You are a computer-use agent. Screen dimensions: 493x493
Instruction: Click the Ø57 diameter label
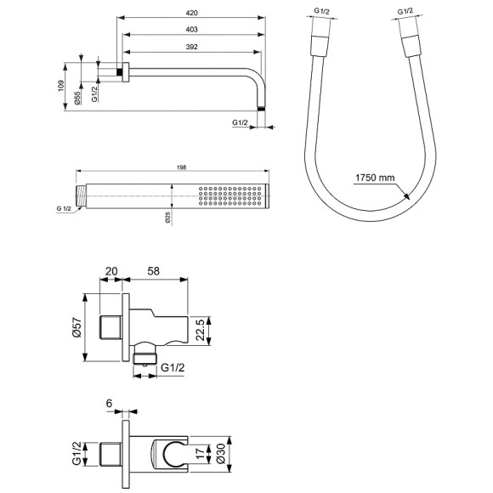tap(78, 328)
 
